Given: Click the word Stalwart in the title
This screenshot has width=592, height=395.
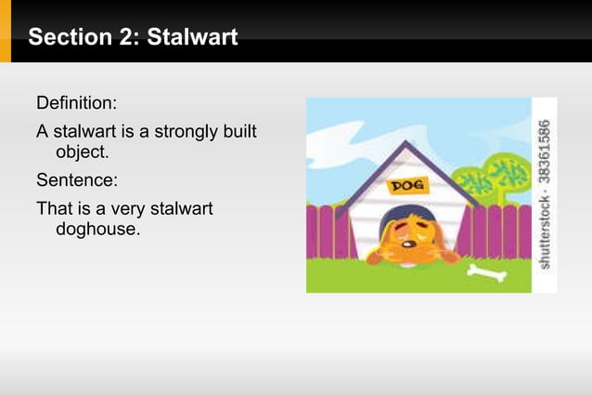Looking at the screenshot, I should click(194, 37).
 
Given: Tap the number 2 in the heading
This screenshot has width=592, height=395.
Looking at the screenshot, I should click(119, 37).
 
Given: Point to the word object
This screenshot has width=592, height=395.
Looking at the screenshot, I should click(82, 151).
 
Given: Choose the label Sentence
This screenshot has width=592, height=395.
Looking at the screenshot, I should click(77, 178).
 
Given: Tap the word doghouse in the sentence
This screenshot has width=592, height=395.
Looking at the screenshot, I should click(97, 228).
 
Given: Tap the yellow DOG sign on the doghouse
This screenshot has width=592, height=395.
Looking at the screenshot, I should click(406, 186).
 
